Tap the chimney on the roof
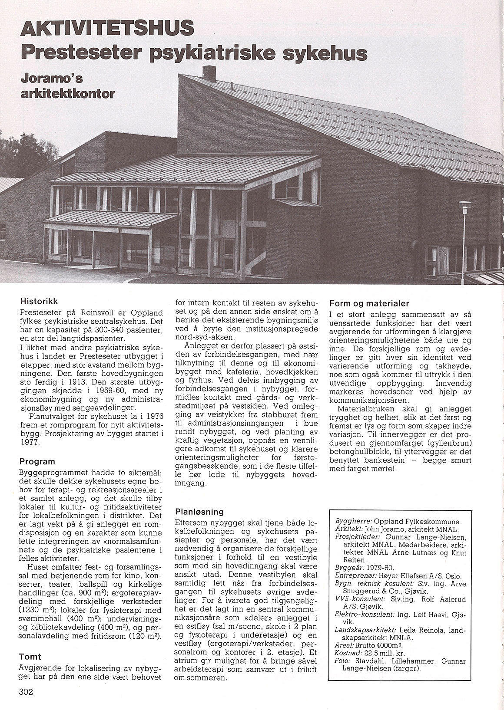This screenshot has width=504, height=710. click(209, 73)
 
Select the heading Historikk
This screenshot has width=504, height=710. click(39, 301)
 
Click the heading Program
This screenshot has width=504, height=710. click(37, 462)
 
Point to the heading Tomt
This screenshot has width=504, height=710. click(30, 657)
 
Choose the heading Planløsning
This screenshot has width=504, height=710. click(199, 512)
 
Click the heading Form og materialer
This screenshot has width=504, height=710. click(369, 303)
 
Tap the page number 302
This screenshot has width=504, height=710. click(26, 692)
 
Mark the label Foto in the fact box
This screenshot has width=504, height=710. click(343, 661)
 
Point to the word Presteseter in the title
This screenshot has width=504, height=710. click(80, 54)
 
